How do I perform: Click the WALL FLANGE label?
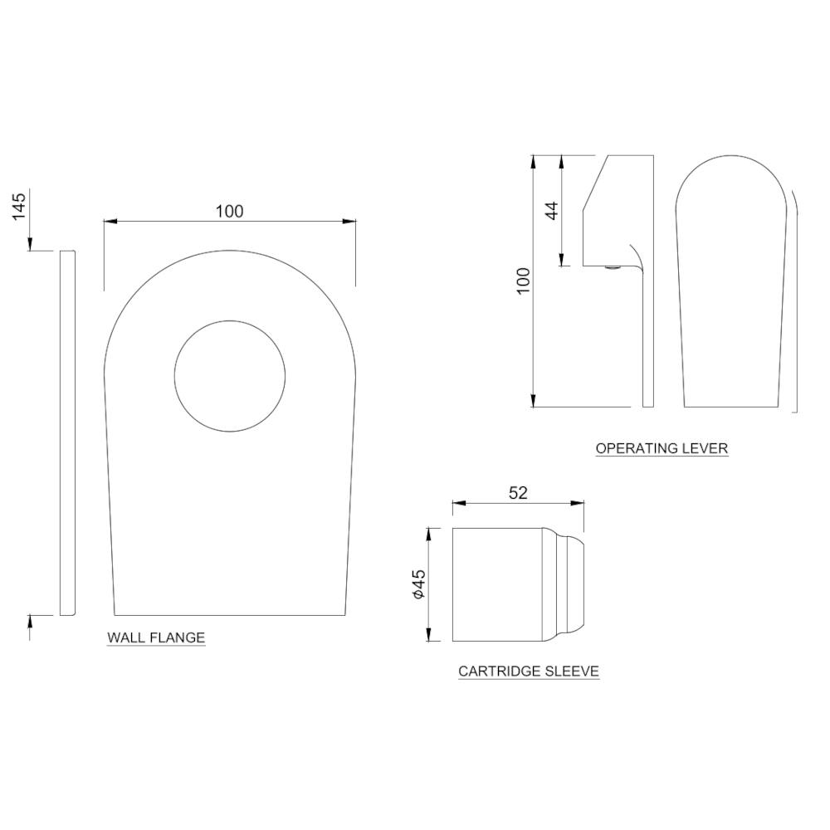[x=156, y=637]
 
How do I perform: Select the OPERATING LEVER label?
[x=662, y=448]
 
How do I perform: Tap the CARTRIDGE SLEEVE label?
[x=529, y=671]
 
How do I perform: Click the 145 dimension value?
[x=19, y=204]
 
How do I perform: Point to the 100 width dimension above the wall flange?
[x=230, y=211]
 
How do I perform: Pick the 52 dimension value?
[x=517, y=492]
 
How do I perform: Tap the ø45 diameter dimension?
[x=418, y=584]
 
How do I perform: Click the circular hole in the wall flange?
[x=230, y=376]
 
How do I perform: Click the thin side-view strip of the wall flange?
[x=67, y=432]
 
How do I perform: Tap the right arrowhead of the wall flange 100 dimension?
[x=349, y=222]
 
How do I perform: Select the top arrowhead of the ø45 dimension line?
[x=429, y=534]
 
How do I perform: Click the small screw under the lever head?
[x=612, y=267]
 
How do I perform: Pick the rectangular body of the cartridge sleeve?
[x=496, y=584]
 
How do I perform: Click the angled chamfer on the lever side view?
[x=595, y=183]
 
